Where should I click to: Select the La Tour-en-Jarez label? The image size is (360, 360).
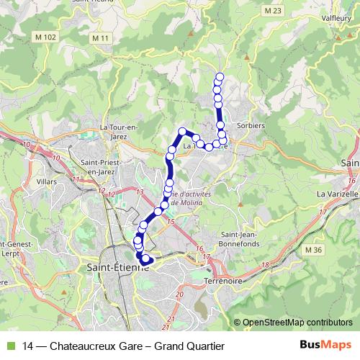point(119,131)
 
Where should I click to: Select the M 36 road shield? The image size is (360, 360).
point(313,250)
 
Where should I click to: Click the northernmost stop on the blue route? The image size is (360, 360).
point(220,77)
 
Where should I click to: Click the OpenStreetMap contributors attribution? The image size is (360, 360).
point(297,323)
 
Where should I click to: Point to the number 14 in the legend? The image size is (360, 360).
point(29,346)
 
